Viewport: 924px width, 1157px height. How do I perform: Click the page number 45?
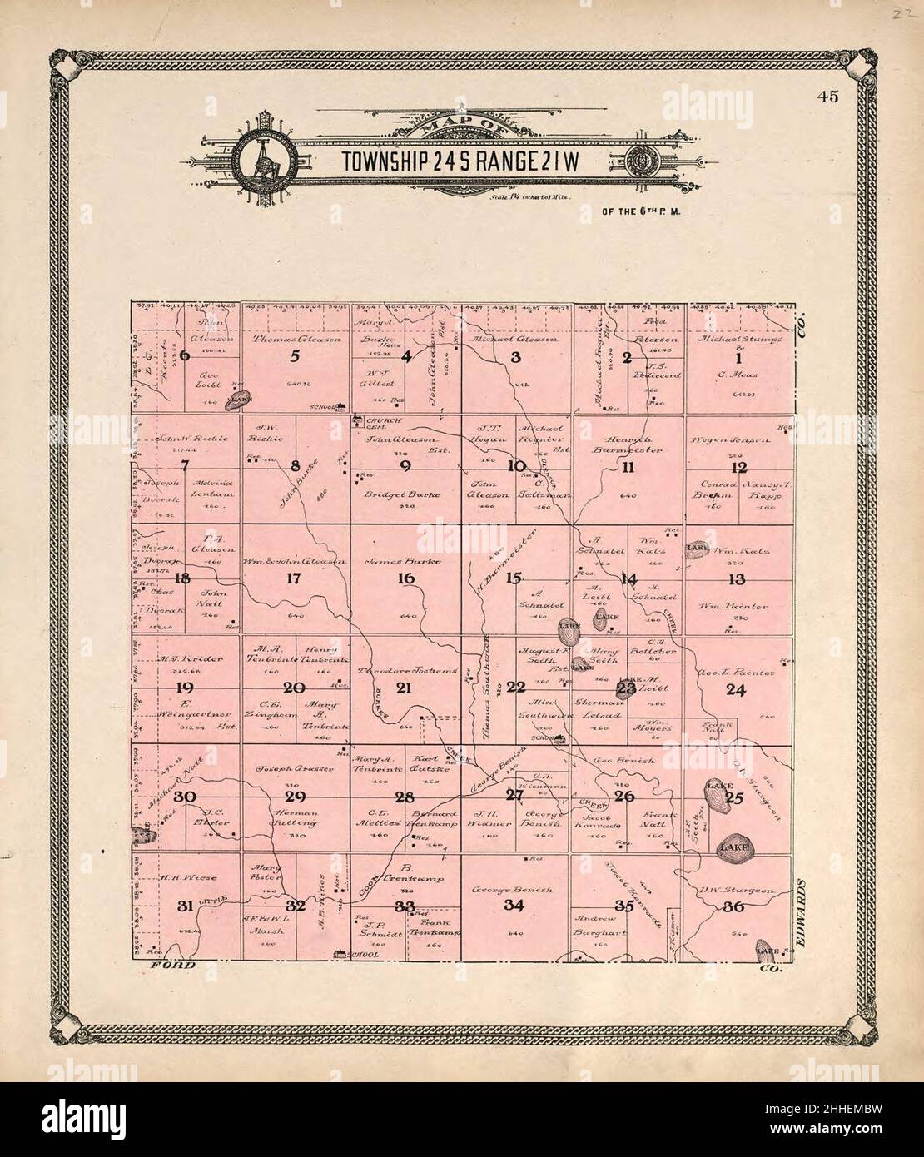[827, 97]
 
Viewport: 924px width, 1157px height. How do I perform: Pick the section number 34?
[515, 906]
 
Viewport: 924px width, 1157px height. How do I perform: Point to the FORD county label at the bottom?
[172, 966]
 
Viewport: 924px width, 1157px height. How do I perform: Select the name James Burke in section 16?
[405, 562]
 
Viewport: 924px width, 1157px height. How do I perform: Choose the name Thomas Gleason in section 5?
[291, 340]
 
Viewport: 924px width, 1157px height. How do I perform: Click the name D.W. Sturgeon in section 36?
[736, 891]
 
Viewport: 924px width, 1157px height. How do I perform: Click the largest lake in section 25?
[736, 847]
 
